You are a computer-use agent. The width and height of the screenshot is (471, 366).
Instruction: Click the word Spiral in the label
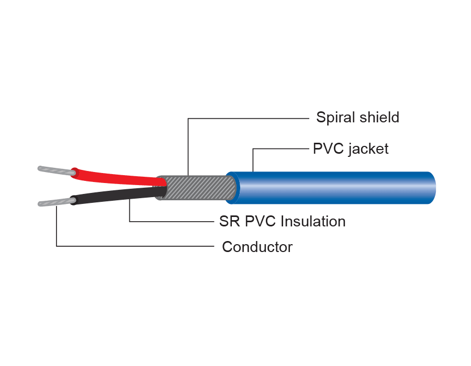[x=335, y=117]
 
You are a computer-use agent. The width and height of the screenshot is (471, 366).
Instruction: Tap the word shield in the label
[x=378, y=117]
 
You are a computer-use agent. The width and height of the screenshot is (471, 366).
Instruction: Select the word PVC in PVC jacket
[x=328, y=149]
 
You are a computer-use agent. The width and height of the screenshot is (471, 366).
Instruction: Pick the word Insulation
[x=313, y=221]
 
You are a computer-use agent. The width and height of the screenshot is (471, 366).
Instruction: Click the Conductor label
[x=257, y=247]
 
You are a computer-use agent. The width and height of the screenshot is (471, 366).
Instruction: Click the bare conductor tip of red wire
[x=55, y=170]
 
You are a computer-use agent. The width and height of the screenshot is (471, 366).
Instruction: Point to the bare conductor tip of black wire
[x=54, y=203]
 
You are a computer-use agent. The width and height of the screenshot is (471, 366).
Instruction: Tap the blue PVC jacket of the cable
[x=335, y=187]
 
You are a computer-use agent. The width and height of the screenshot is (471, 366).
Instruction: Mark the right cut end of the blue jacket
[x=432, y=187]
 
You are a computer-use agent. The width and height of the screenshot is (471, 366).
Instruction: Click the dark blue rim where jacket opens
[x=232, y=187]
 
